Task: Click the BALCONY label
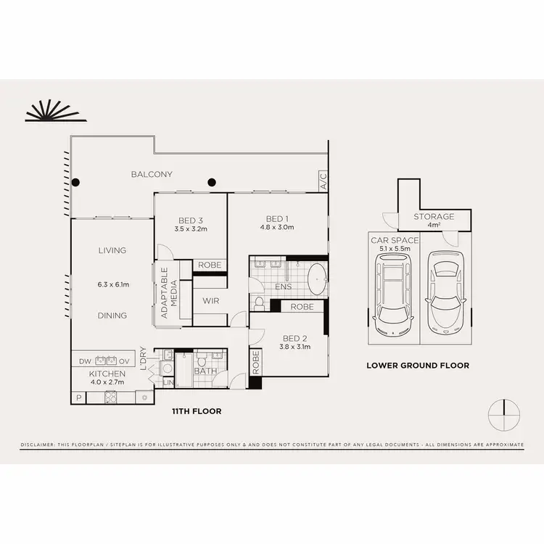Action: click(152, 174)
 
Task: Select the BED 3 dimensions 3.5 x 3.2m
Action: click(191, 229)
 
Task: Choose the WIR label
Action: click(210, 301)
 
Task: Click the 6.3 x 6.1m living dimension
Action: click(112, 284)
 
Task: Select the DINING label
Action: click(112, 316)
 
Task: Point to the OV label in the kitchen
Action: click(124, 360)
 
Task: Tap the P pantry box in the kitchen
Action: click(78, 397)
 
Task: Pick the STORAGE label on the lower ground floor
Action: click(434, 216)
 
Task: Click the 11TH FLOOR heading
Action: click(197, 411)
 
